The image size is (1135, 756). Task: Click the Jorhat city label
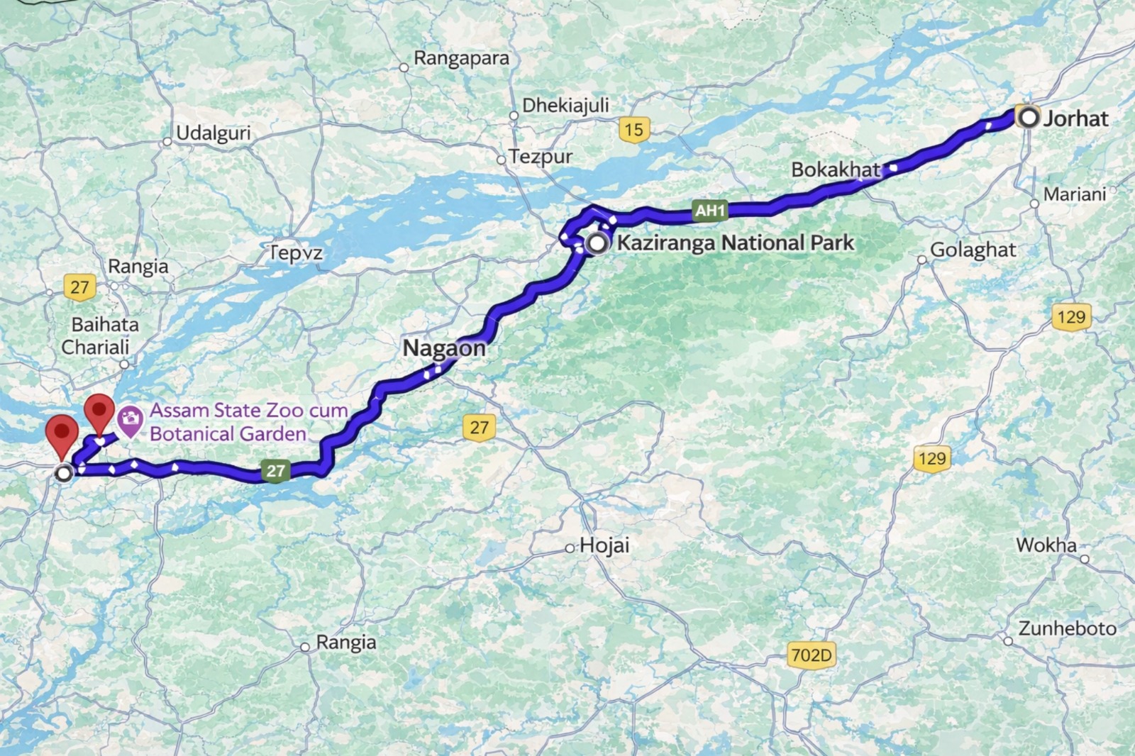(1075, 118)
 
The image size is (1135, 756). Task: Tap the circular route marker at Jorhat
(1028, 117)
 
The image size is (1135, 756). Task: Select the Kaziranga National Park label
(736, 243)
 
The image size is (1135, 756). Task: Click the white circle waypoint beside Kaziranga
(598, 244)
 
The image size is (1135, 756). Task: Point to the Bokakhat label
(835, 169)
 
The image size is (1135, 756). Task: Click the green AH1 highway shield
(709, 210)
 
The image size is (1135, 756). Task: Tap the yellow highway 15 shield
(633, 130)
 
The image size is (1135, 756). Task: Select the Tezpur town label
(541, 157)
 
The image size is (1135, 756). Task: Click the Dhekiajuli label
(565, 106)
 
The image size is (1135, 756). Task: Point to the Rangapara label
(461, 58)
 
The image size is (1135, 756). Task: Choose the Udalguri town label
(213, 133)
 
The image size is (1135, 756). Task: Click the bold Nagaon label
(444, 348)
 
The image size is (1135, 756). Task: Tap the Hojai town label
(604, 545)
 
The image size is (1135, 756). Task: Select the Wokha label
(1046, 545)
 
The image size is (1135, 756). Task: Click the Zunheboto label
(1067, 628)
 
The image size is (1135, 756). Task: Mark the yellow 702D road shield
(811, 655)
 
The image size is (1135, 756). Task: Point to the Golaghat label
(973, 250)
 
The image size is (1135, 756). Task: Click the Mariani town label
(1074, 194)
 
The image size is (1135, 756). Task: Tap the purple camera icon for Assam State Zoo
(130, 421)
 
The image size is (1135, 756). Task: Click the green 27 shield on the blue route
(275, 470)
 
